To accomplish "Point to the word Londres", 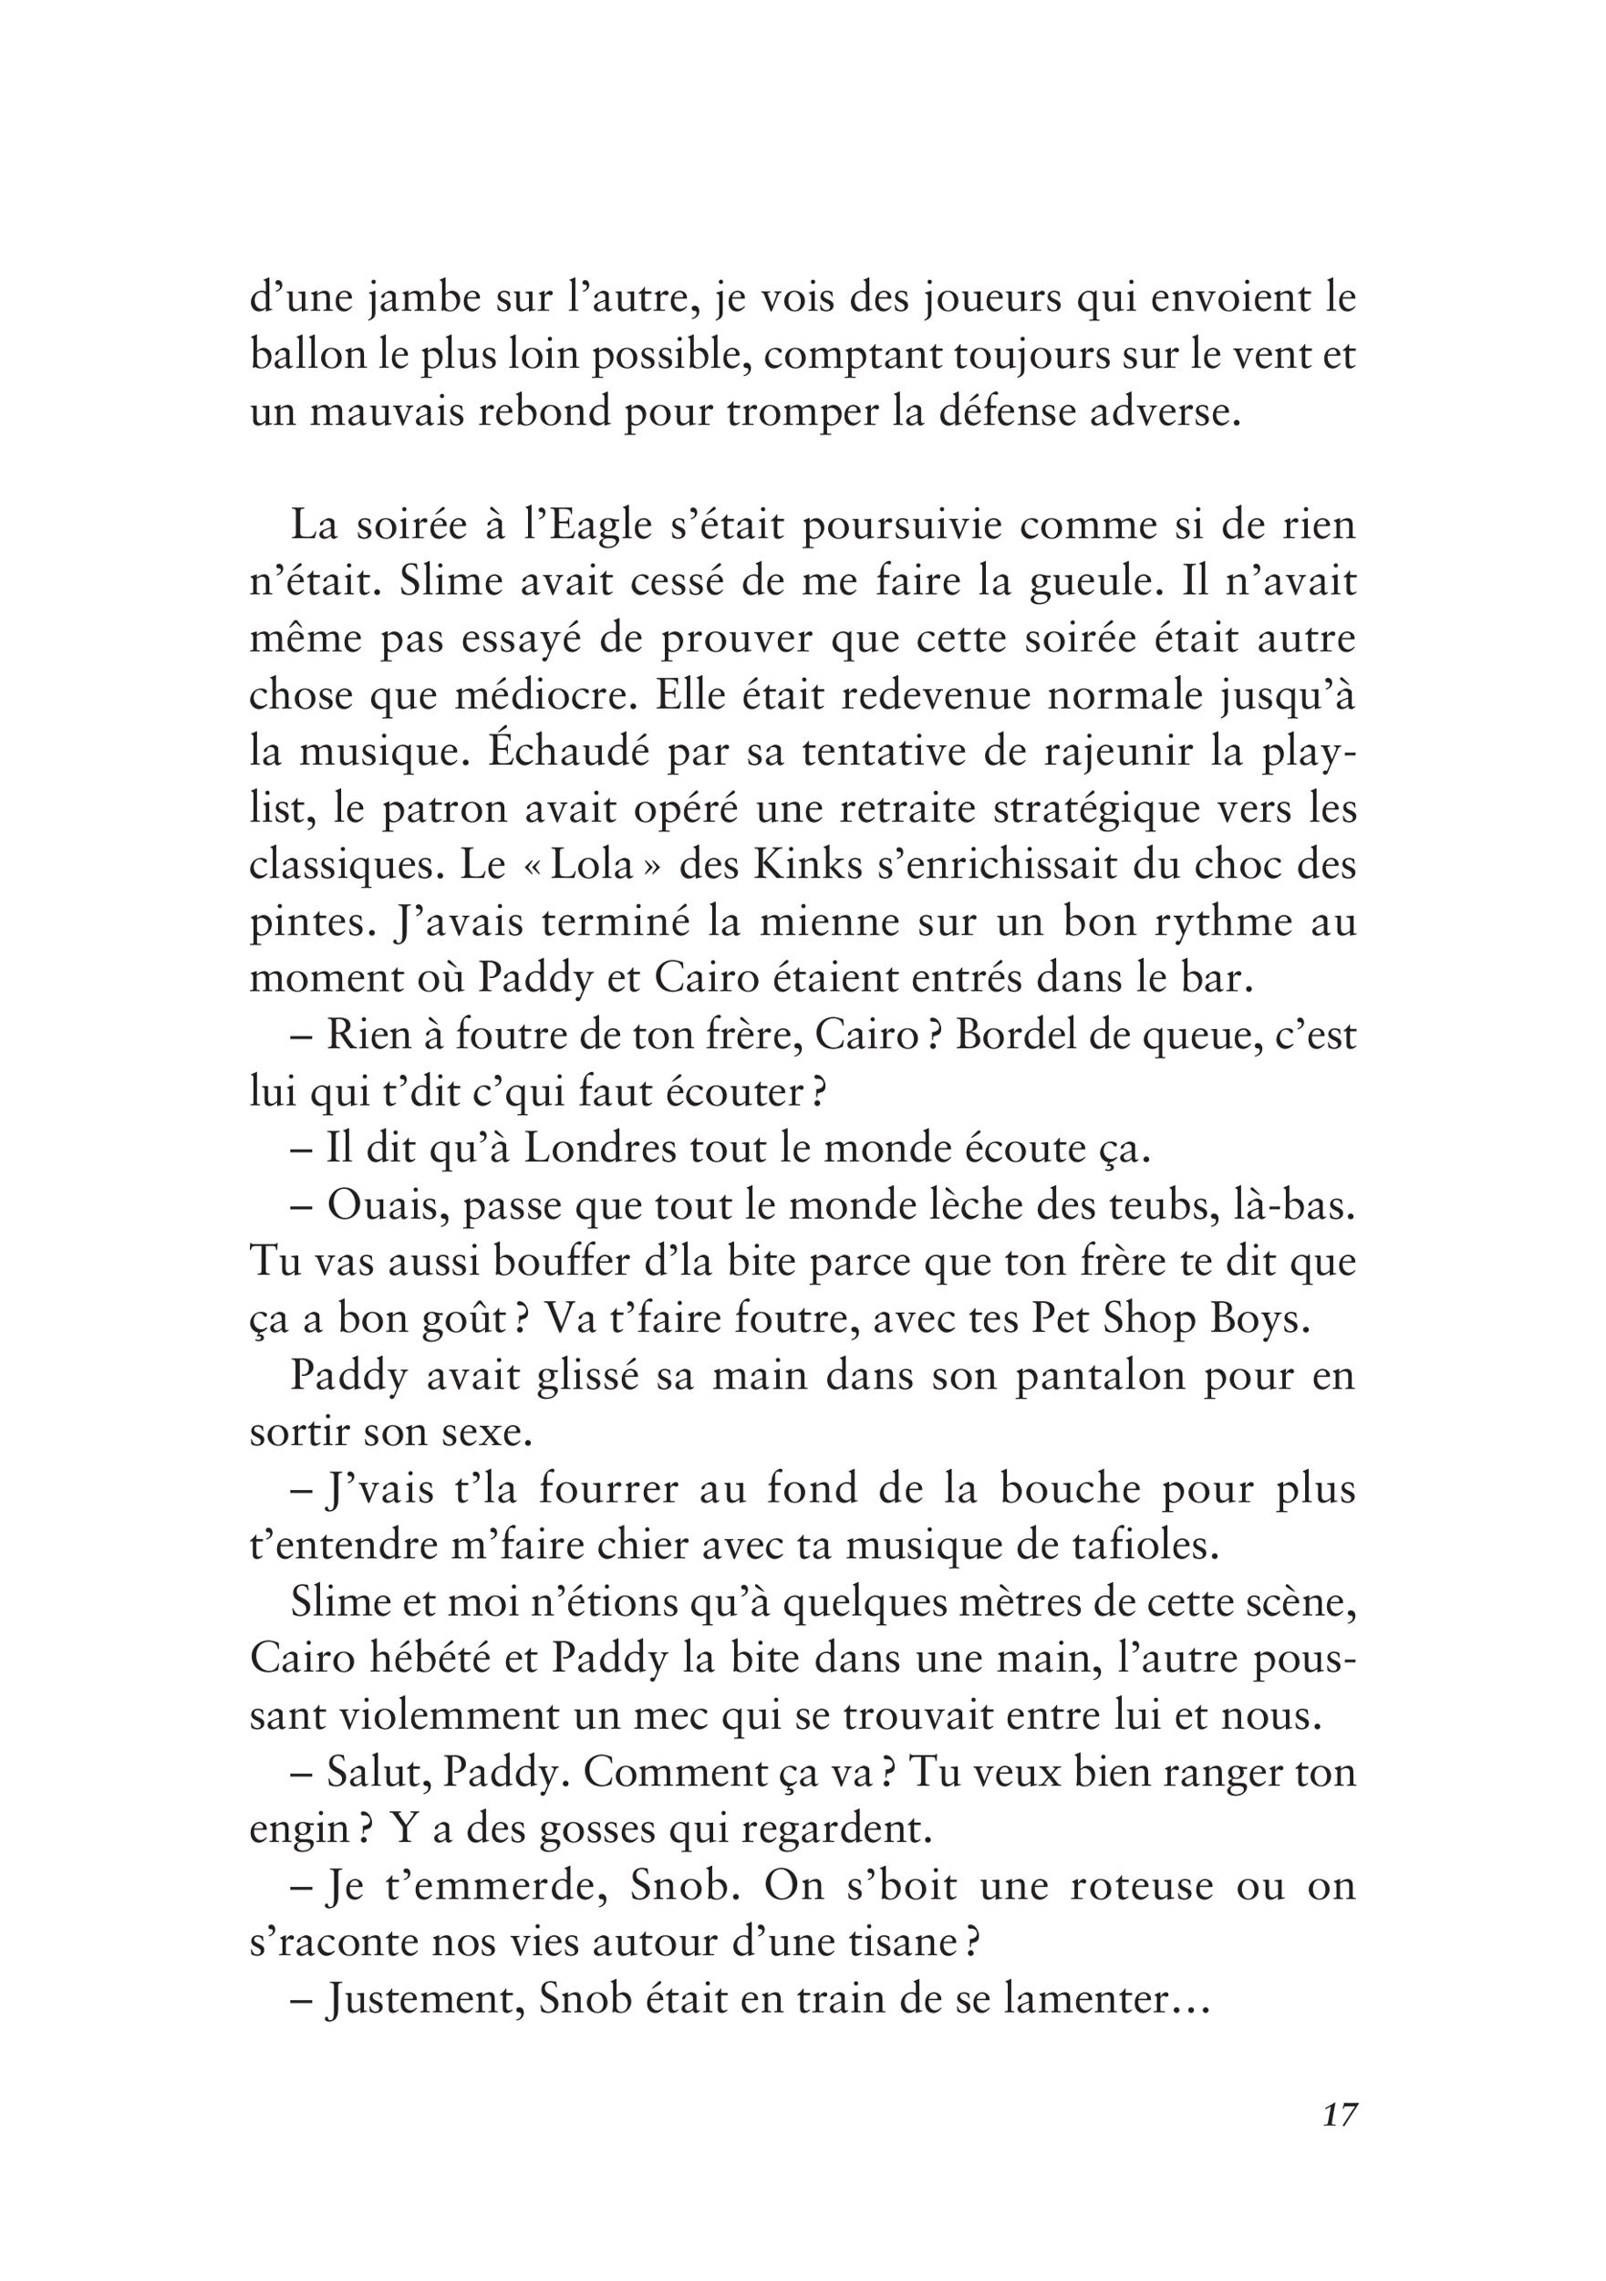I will tap(589, 1150).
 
